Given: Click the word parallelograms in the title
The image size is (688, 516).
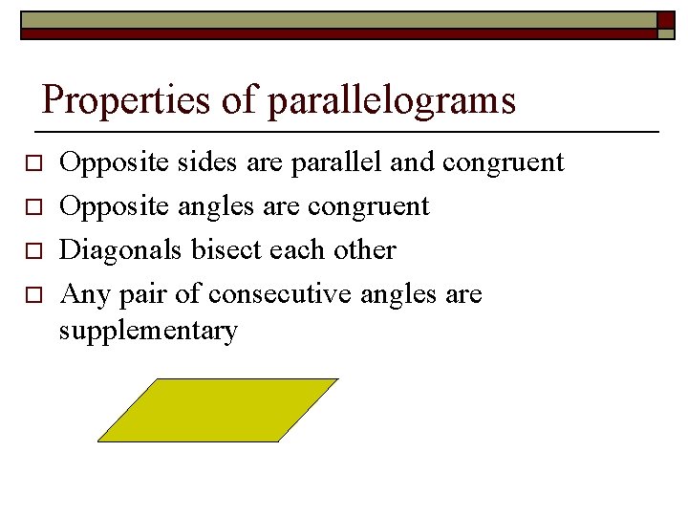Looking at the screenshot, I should [x=392, y=100].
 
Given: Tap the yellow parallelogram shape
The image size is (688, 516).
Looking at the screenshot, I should [x=218, y=410].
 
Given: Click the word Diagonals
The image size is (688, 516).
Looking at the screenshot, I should [x=121, y=250].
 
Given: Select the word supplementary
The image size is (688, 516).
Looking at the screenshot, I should [x=148, y=332].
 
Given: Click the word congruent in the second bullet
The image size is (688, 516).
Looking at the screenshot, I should [x=369, y=207].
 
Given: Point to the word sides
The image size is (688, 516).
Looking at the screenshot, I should [x=201, y=163].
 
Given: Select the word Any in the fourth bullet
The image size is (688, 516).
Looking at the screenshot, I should [x=84, y=295].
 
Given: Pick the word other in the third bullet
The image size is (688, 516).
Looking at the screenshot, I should [x=363, y=250].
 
